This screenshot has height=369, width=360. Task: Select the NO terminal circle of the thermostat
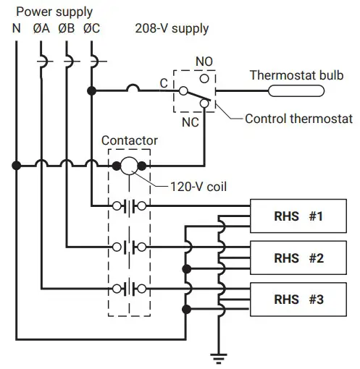click(x=206, y=76)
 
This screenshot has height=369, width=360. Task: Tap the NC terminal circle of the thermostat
click(x=205, y=106)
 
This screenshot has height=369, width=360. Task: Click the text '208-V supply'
click(x=172, y=29)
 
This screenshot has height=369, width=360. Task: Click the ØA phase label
click(x=41, y=29)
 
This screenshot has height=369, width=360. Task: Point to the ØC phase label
click(x=92, y=29)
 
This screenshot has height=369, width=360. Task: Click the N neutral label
click(x=16, y=29)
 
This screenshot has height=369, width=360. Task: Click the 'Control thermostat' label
click(x=298, y=119)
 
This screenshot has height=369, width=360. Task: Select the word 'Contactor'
click(x=130, y=140)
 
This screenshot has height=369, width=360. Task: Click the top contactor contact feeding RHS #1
click(x=130, y=206)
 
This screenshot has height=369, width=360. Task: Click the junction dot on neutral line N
click(x=16, y=166)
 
